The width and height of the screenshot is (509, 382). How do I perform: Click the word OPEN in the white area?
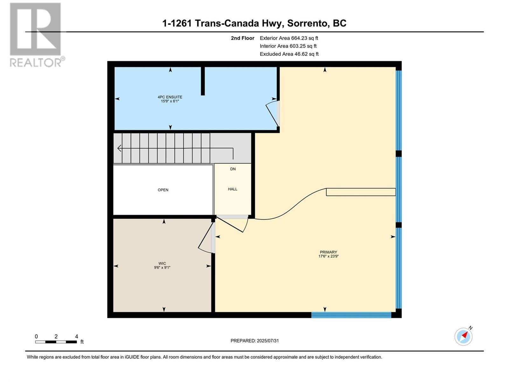point(163,190)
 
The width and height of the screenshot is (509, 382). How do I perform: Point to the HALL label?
point(233,189)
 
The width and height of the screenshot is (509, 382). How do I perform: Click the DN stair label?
point(233,169)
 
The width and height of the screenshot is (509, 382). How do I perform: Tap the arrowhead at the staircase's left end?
point(120,148)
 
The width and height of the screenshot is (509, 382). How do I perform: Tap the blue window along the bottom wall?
point(351,315)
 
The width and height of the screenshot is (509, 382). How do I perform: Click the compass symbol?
point(464,336)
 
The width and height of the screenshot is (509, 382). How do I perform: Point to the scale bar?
point(56,342)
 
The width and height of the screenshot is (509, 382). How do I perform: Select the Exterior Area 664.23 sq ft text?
point(289,38)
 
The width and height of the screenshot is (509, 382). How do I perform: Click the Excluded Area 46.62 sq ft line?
point(289,54)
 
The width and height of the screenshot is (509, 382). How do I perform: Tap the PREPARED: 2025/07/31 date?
point(254,341)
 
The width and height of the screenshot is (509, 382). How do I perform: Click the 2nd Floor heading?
point(242,38)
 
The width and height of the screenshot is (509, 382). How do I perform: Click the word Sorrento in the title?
point(307,23)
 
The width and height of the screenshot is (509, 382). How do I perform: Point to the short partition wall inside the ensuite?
point(203,81)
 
